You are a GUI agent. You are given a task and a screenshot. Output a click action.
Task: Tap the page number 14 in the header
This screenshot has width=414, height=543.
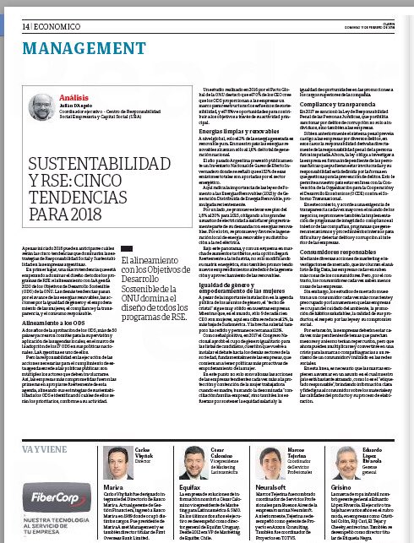point(15,8)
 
